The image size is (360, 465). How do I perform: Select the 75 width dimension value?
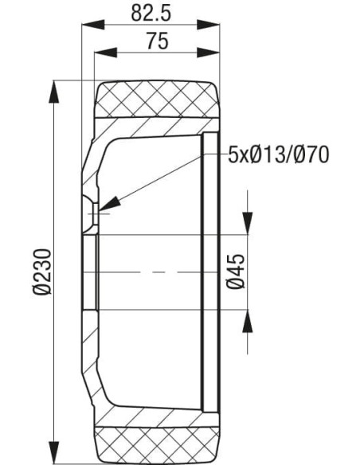(157, 41)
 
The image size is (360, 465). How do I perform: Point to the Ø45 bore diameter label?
(235, 272)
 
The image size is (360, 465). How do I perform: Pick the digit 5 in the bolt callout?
(233, 154)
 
